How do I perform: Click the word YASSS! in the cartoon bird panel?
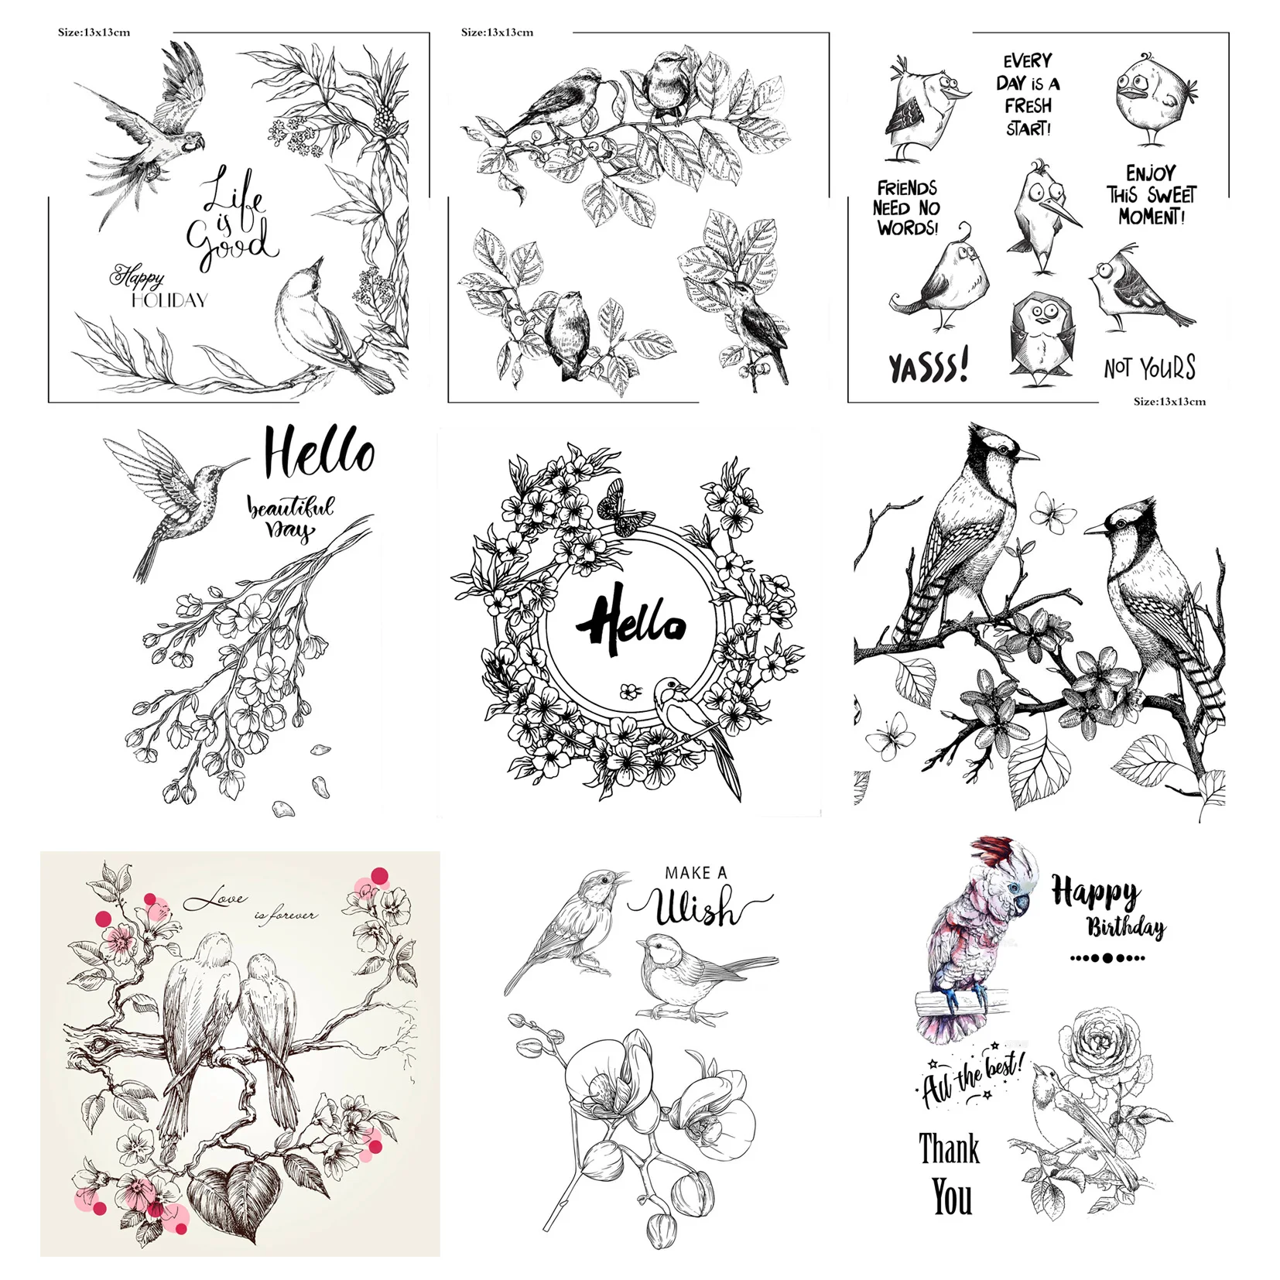point(928,366)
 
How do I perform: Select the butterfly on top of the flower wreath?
point(624,508)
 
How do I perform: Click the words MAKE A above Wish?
point(696,873)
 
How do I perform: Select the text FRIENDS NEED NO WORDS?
point(907,208)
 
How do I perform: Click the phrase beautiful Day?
point(290,517)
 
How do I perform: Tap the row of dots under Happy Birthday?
point(1107,958)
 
